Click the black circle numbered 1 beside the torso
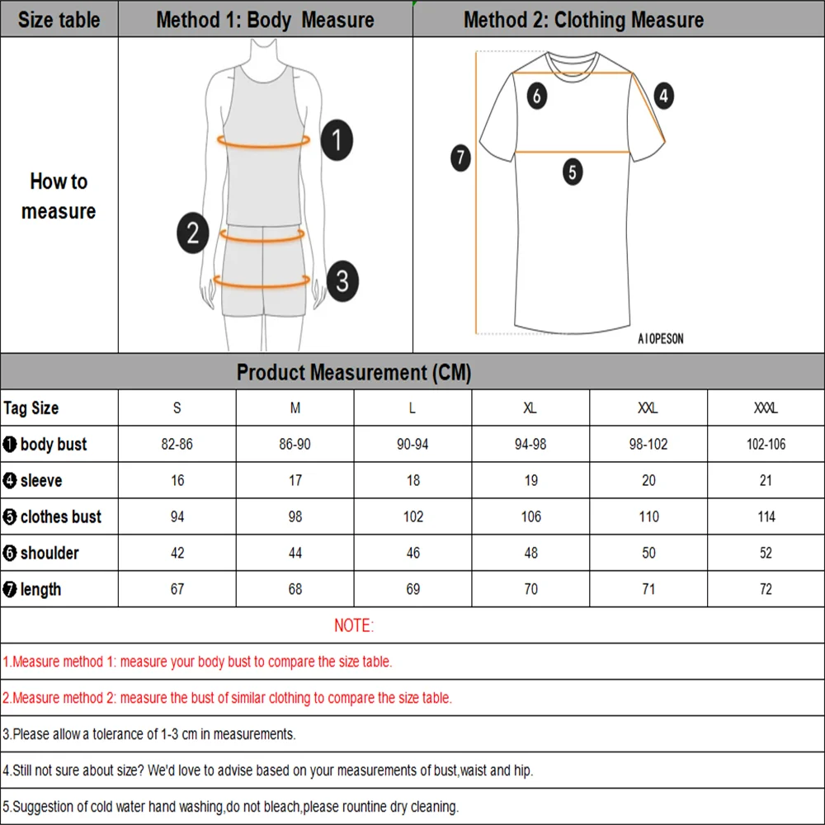coord(337,140)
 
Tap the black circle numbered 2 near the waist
coord(192,233)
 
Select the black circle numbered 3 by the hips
coord(342,280)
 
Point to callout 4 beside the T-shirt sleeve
coord(664,97)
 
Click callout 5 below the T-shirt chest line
coord(573,172)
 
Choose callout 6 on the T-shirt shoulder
coord(537,97)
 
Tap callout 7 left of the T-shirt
coord(461,157)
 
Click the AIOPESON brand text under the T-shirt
coord(661,339)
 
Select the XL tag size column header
coord(530,408)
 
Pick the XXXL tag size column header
coord(766,408)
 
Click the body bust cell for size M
coord(295,445)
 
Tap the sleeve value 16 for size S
coord(177,481)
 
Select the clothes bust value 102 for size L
coord(413,517)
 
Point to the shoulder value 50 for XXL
coord(648,554)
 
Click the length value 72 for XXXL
coord(766,590)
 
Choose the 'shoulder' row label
coord(49,554)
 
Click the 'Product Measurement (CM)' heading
coord(354,373)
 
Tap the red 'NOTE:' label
coord(354,626)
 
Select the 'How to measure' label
coord(59,196)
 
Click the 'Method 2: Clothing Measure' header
coord(584,20)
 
